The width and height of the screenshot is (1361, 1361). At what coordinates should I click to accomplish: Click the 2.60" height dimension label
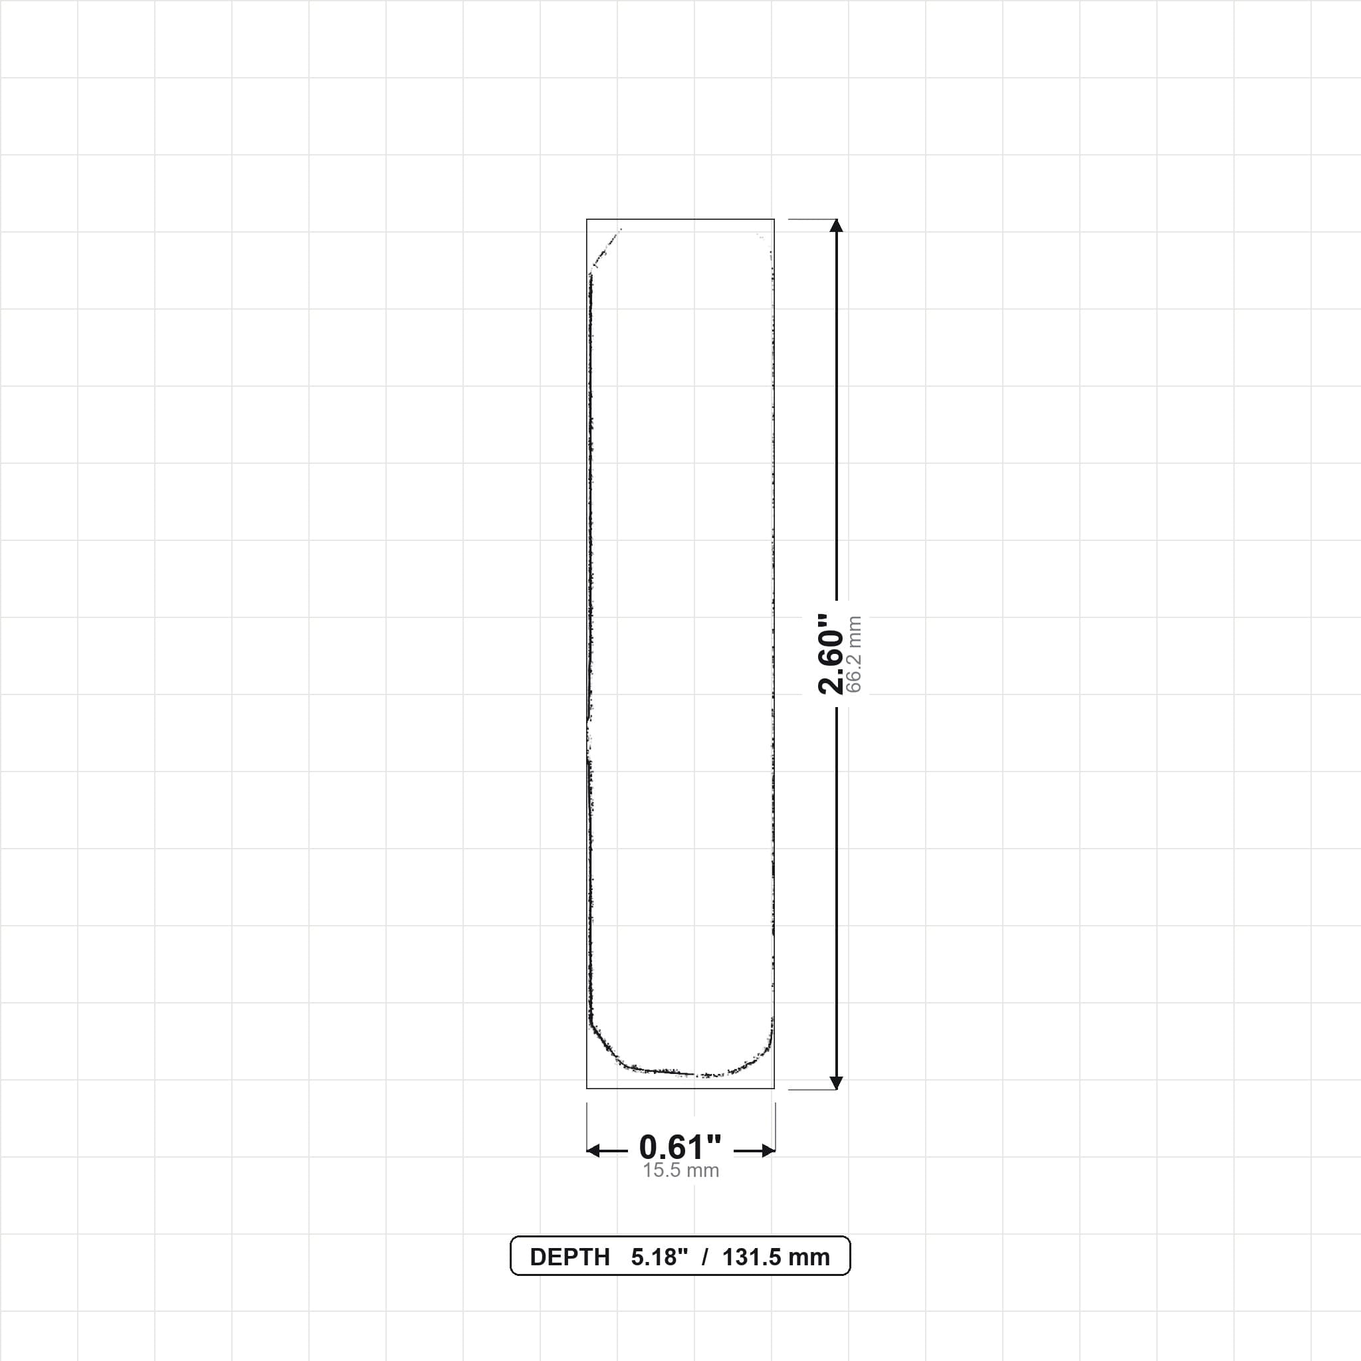click(x=831, y=654)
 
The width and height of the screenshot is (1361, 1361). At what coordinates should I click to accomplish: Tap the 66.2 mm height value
click(x=854, y=655)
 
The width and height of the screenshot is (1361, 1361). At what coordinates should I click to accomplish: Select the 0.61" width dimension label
click(x=680, y=1148)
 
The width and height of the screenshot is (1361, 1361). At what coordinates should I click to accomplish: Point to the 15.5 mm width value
click(x=680, y=1171)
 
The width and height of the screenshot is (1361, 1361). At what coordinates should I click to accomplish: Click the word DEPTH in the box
click(x=570, y=1257)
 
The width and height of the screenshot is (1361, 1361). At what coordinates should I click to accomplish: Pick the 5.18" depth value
click(x=659, y=1257)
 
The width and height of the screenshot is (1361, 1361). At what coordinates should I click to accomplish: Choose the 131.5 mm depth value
click(x=776, y=1257)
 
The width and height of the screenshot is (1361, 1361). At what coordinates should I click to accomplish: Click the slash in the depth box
click(x=704, y=1257)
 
